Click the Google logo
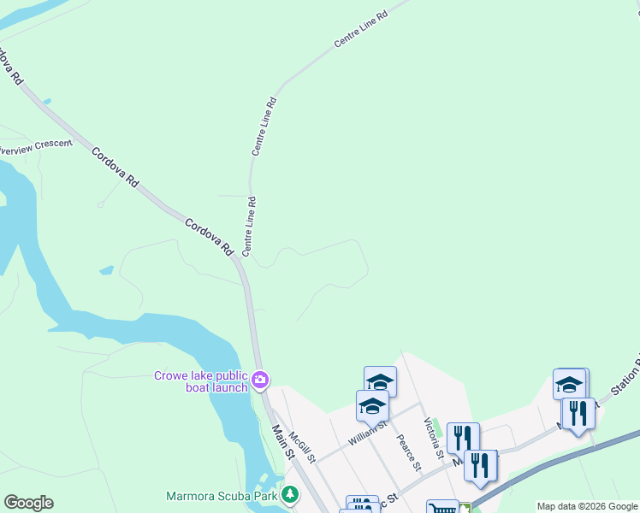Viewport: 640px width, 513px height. (x=28, y=503)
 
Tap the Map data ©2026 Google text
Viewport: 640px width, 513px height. (x=587, y=506)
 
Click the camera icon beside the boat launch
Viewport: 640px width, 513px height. (x=260, y=379)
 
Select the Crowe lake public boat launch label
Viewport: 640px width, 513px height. (x=201, y=380)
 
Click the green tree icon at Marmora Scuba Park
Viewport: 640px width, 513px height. (x=291, y=495)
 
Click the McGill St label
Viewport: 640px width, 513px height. (x=301, y=446)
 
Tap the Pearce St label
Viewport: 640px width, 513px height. (x=408, y=451)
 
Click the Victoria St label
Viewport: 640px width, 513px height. (x=433, y=433)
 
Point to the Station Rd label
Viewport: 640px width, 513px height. (x=626, y=370)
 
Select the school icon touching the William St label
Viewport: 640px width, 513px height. (x=372, y=405)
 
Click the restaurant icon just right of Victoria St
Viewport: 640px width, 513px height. (x=463, y=437)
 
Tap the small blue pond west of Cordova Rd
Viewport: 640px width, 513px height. (x=106, y=270)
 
